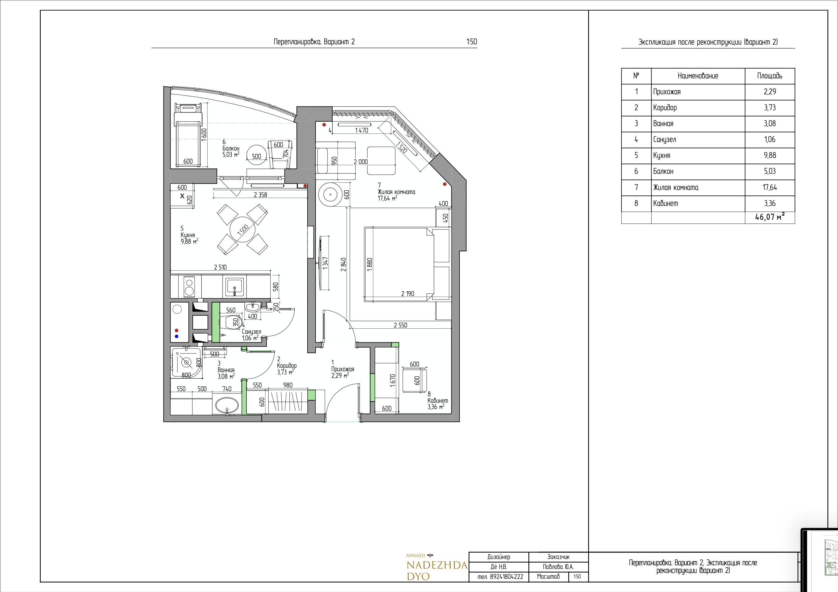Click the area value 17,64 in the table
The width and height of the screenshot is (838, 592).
tap(770, 187)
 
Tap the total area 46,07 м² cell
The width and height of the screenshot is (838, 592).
tap(770, 217)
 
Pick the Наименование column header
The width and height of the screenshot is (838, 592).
tap(698, 76)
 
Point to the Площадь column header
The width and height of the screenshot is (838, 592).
tap(770, 76)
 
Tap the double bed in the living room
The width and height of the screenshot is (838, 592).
tap(406, 265)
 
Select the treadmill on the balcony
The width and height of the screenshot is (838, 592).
tap(188, 135)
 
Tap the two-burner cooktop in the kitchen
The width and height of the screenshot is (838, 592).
tap(188, 287)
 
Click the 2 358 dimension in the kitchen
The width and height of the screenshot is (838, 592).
tap(260, 195)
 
